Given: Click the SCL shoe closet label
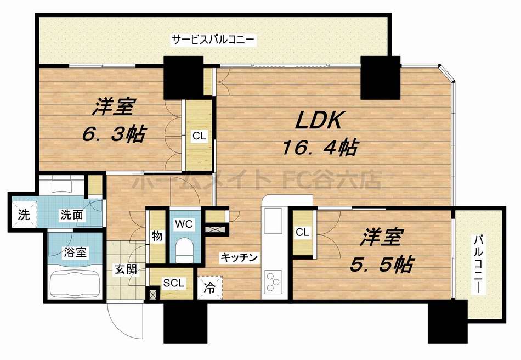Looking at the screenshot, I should (174, 283).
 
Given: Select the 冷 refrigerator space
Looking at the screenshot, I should (209, 286).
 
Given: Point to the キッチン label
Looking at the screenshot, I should (239, 257).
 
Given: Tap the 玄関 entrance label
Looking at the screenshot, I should (126, 269).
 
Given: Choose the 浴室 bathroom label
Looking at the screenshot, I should (75, 253).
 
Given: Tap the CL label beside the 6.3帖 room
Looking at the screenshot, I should (199, 136).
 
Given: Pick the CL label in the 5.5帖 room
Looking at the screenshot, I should (302, 233).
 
